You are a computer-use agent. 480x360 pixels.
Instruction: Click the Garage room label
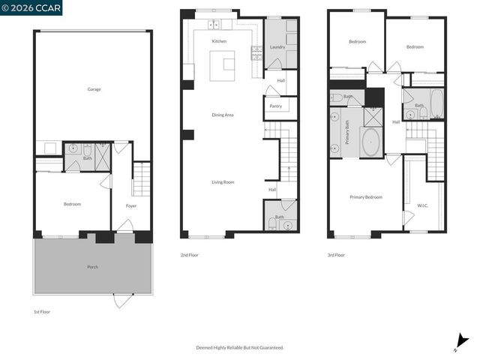click(x=94, y=89)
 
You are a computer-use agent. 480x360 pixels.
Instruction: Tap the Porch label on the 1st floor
click(x=92, y=267)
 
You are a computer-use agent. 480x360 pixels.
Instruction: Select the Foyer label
click(x=131, y=205)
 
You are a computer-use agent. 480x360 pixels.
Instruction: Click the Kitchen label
click(x=219, y=41)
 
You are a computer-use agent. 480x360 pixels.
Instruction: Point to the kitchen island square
click(x=222, y=65)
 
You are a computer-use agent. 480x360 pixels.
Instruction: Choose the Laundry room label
click(x=277, y=47)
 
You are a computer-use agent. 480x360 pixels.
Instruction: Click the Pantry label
click(x=275, y=106)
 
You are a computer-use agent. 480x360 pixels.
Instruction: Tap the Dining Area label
click(x=223, y=115)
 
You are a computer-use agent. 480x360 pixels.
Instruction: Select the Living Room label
click(x=223, y=182)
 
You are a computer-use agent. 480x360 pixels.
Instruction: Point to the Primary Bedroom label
click(x=366, y=197)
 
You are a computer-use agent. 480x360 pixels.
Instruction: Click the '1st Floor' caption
click(x=41, y=311)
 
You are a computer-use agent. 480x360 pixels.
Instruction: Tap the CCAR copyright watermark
click(x=31, y=7)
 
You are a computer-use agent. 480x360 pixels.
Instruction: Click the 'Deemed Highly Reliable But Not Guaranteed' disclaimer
click(x=240, y=348)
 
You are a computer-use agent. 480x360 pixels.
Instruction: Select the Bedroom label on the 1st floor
click(x=72, y=204)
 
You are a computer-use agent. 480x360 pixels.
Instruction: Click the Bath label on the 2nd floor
click(x=279, y=217)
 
